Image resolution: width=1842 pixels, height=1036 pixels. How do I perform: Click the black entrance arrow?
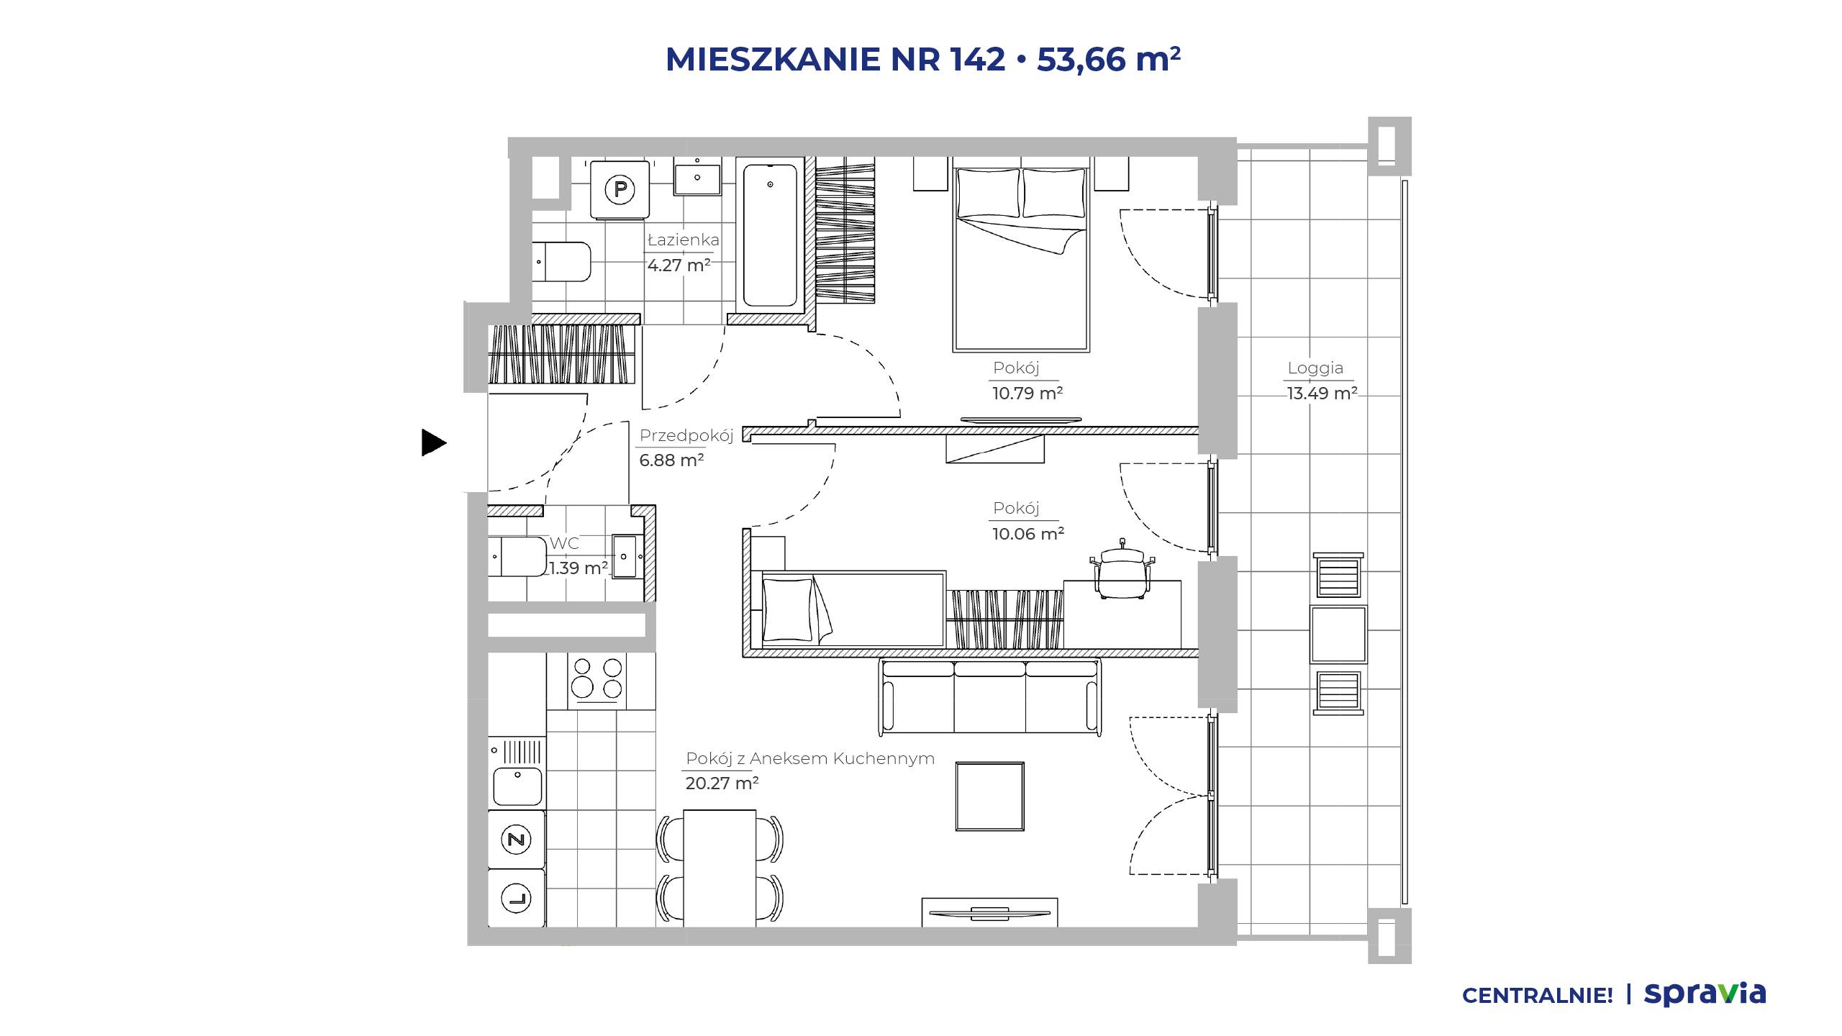[433, 442]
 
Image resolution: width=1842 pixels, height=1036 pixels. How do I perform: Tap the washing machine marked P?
[620, 190]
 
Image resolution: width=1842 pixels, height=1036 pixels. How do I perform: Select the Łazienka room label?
[683, 240]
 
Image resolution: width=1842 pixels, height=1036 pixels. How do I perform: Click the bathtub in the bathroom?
[770, 236]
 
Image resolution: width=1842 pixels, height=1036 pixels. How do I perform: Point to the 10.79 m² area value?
[1027, 393]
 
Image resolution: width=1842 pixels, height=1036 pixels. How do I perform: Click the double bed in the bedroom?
[1020, 260]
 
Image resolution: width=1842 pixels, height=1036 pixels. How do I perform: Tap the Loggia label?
[1315, 368]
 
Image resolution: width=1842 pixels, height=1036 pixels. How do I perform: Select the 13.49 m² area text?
[1322, 393]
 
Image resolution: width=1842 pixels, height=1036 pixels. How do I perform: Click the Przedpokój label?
[686, 435]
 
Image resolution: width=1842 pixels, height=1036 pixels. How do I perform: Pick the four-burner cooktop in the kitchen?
[596, 680]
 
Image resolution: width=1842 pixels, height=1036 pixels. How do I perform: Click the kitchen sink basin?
[517, 786]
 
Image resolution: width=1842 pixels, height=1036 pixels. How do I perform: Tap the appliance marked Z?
[516, 839]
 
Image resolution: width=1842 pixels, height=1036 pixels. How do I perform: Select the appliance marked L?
[516, 898]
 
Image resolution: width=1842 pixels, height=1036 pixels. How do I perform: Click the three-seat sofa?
[990, 696]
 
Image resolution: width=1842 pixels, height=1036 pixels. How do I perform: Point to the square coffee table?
[990, 797]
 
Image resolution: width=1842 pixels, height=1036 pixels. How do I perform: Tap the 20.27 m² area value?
[722, 783]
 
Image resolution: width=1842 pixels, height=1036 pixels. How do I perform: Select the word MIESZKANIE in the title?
[773, 59]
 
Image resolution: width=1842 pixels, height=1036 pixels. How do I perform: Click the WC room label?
[564, 543]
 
